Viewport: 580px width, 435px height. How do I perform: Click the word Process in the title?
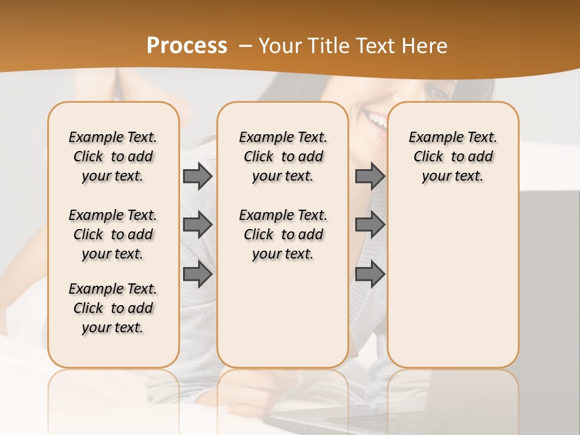(187, 46)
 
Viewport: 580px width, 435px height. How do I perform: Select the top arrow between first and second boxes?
(197, 176)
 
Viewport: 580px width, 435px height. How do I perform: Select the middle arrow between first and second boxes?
(197, 225)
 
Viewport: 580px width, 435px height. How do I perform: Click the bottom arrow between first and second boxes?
(197, 274)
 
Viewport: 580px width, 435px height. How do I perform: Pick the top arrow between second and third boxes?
(370, 176)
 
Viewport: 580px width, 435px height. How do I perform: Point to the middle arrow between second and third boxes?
(370, 225)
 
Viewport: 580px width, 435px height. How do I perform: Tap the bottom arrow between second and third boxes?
(370, 274)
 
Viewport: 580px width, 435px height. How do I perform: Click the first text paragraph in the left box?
(113, 156)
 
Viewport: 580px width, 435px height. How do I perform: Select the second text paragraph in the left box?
(113, 234)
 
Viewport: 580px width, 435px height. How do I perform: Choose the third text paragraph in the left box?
(113, 308)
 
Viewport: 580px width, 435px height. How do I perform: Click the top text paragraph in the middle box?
(283, 156)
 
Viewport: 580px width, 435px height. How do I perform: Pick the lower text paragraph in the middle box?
(283, 234)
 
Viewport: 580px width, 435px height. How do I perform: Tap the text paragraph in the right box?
(453, 156)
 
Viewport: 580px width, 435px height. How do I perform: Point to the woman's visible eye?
(437, 92)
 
